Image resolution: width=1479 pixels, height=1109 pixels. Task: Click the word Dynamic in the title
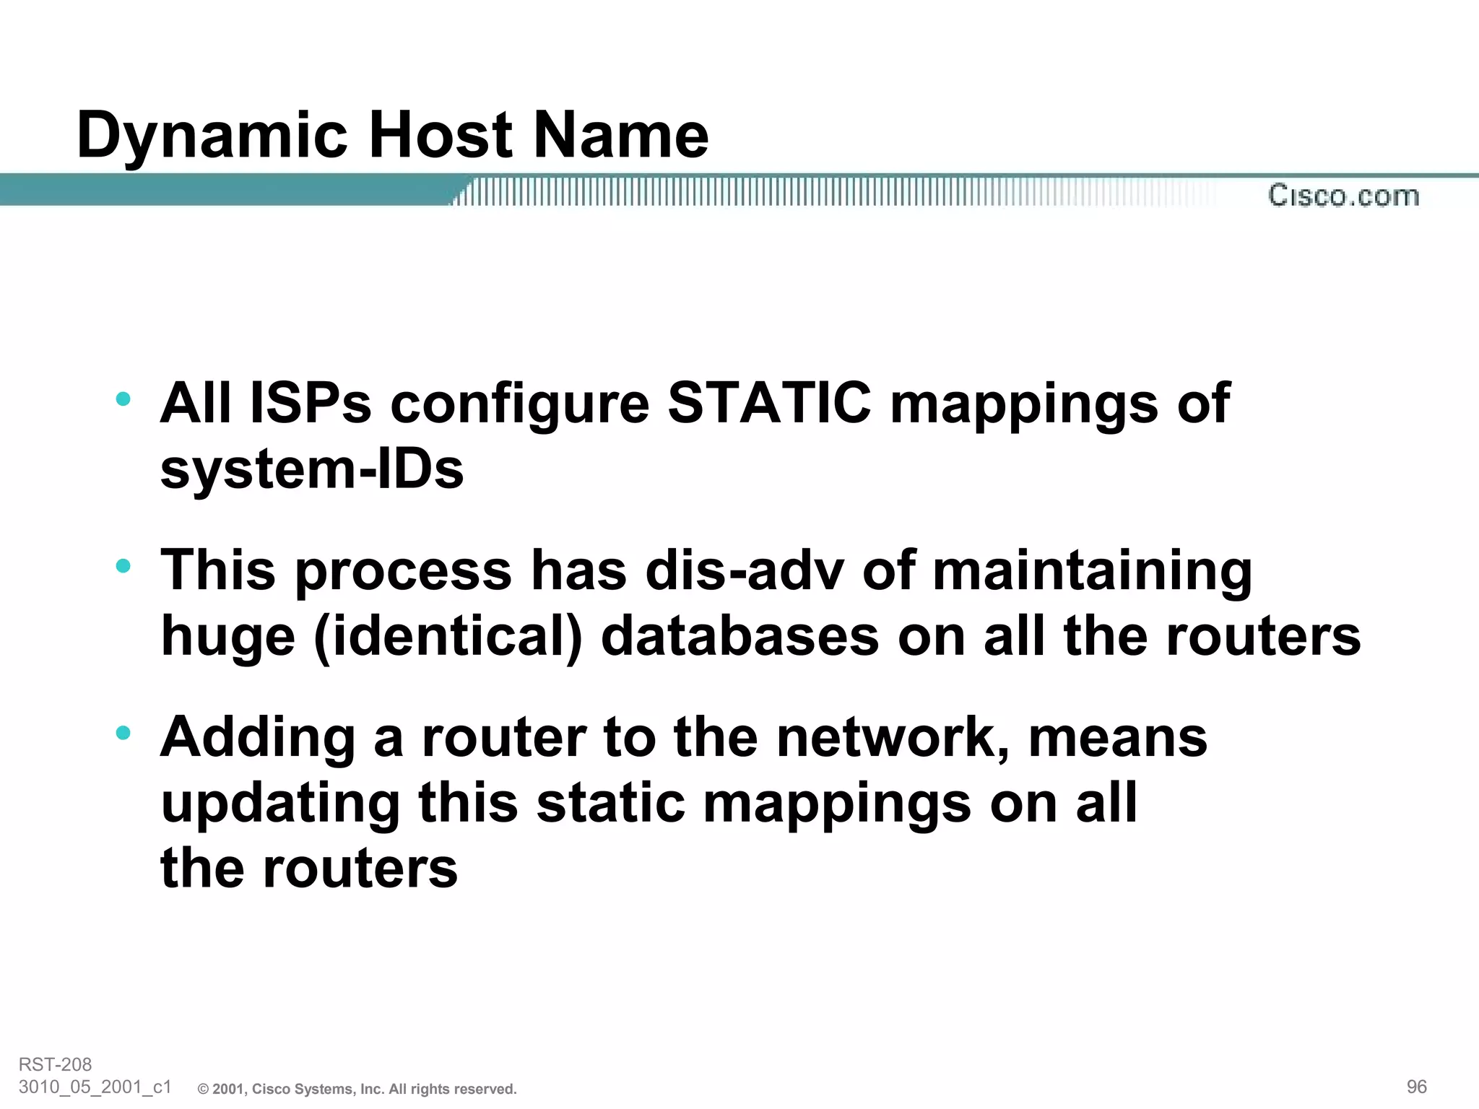coord(212,136)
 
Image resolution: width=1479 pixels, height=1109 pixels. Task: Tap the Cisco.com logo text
coord(1343,196)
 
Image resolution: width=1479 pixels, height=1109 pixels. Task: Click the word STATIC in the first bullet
coord(769,403)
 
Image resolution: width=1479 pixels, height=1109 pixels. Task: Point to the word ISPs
coord(311,403)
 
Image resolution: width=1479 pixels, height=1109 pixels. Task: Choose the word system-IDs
coord(312,469)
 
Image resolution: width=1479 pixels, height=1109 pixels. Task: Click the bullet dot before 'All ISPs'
coord(123,398)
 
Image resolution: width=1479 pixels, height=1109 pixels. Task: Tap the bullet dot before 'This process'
coord(123,565)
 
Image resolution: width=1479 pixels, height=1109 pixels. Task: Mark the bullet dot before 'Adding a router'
coord(123,733)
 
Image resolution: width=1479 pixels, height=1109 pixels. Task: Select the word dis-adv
coord(744,570)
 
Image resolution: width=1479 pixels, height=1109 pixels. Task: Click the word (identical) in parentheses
coord(448,637)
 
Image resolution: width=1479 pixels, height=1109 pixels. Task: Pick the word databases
coord(739,637)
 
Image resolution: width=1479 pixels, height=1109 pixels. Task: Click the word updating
coord(280,804)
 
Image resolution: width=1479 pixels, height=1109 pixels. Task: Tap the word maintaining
coord(1092,570)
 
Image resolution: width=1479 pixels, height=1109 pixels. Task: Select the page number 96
coord(1417,1087)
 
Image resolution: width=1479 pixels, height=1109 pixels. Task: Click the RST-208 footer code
coord(56,1064)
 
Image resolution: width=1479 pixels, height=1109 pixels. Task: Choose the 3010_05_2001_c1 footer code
coord(95,1087)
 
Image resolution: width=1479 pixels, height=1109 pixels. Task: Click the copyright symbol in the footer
coord(203,1090)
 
